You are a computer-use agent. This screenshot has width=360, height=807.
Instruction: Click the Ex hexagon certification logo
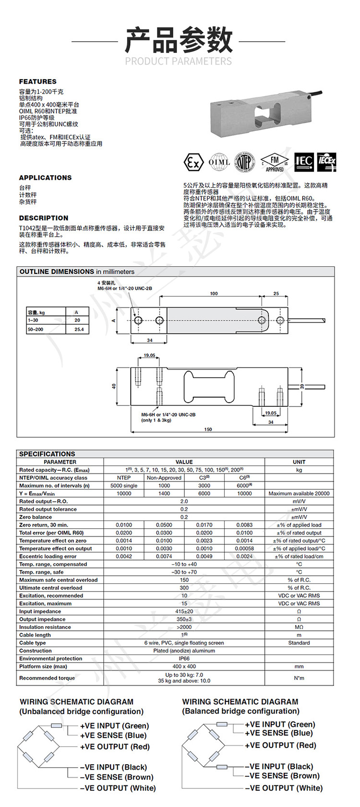point(192,162)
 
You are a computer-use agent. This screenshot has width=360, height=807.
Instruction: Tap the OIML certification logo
point(219,162)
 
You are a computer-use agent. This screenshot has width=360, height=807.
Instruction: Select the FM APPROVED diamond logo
point(275,162)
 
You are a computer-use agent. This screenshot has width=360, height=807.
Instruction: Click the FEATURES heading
point(37,82)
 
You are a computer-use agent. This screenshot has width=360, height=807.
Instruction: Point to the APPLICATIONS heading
point(45,178)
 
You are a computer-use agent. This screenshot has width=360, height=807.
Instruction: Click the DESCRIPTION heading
point(43,218)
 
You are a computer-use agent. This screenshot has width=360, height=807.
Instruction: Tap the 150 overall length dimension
point(208,429)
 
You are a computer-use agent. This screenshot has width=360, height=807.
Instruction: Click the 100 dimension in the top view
point(214,294)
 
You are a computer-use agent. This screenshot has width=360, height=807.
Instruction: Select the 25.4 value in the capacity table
point(79,330)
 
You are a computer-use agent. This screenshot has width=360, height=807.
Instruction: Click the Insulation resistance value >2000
point(184,627)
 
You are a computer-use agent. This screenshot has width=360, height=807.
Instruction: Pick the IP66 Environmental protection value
point(184,659)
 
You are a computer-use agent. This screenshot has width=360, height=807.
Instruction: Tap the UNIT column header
point(299,462)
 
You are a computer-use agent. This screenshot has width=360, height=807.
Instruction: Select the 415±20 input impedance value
point(184,612)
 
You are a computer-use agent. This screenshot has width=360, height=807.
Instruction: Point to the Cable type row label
point(33,643)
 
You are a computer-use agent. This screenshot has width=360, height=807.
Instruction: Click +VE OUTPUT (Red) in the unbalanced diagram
point(115,747)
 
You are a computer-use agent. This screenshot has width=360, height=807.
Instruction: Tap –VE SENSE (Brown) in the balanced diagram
point(282,776)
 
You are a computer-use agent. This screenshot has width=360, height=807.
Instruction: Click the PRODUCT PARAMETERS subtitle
point(179,61)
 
